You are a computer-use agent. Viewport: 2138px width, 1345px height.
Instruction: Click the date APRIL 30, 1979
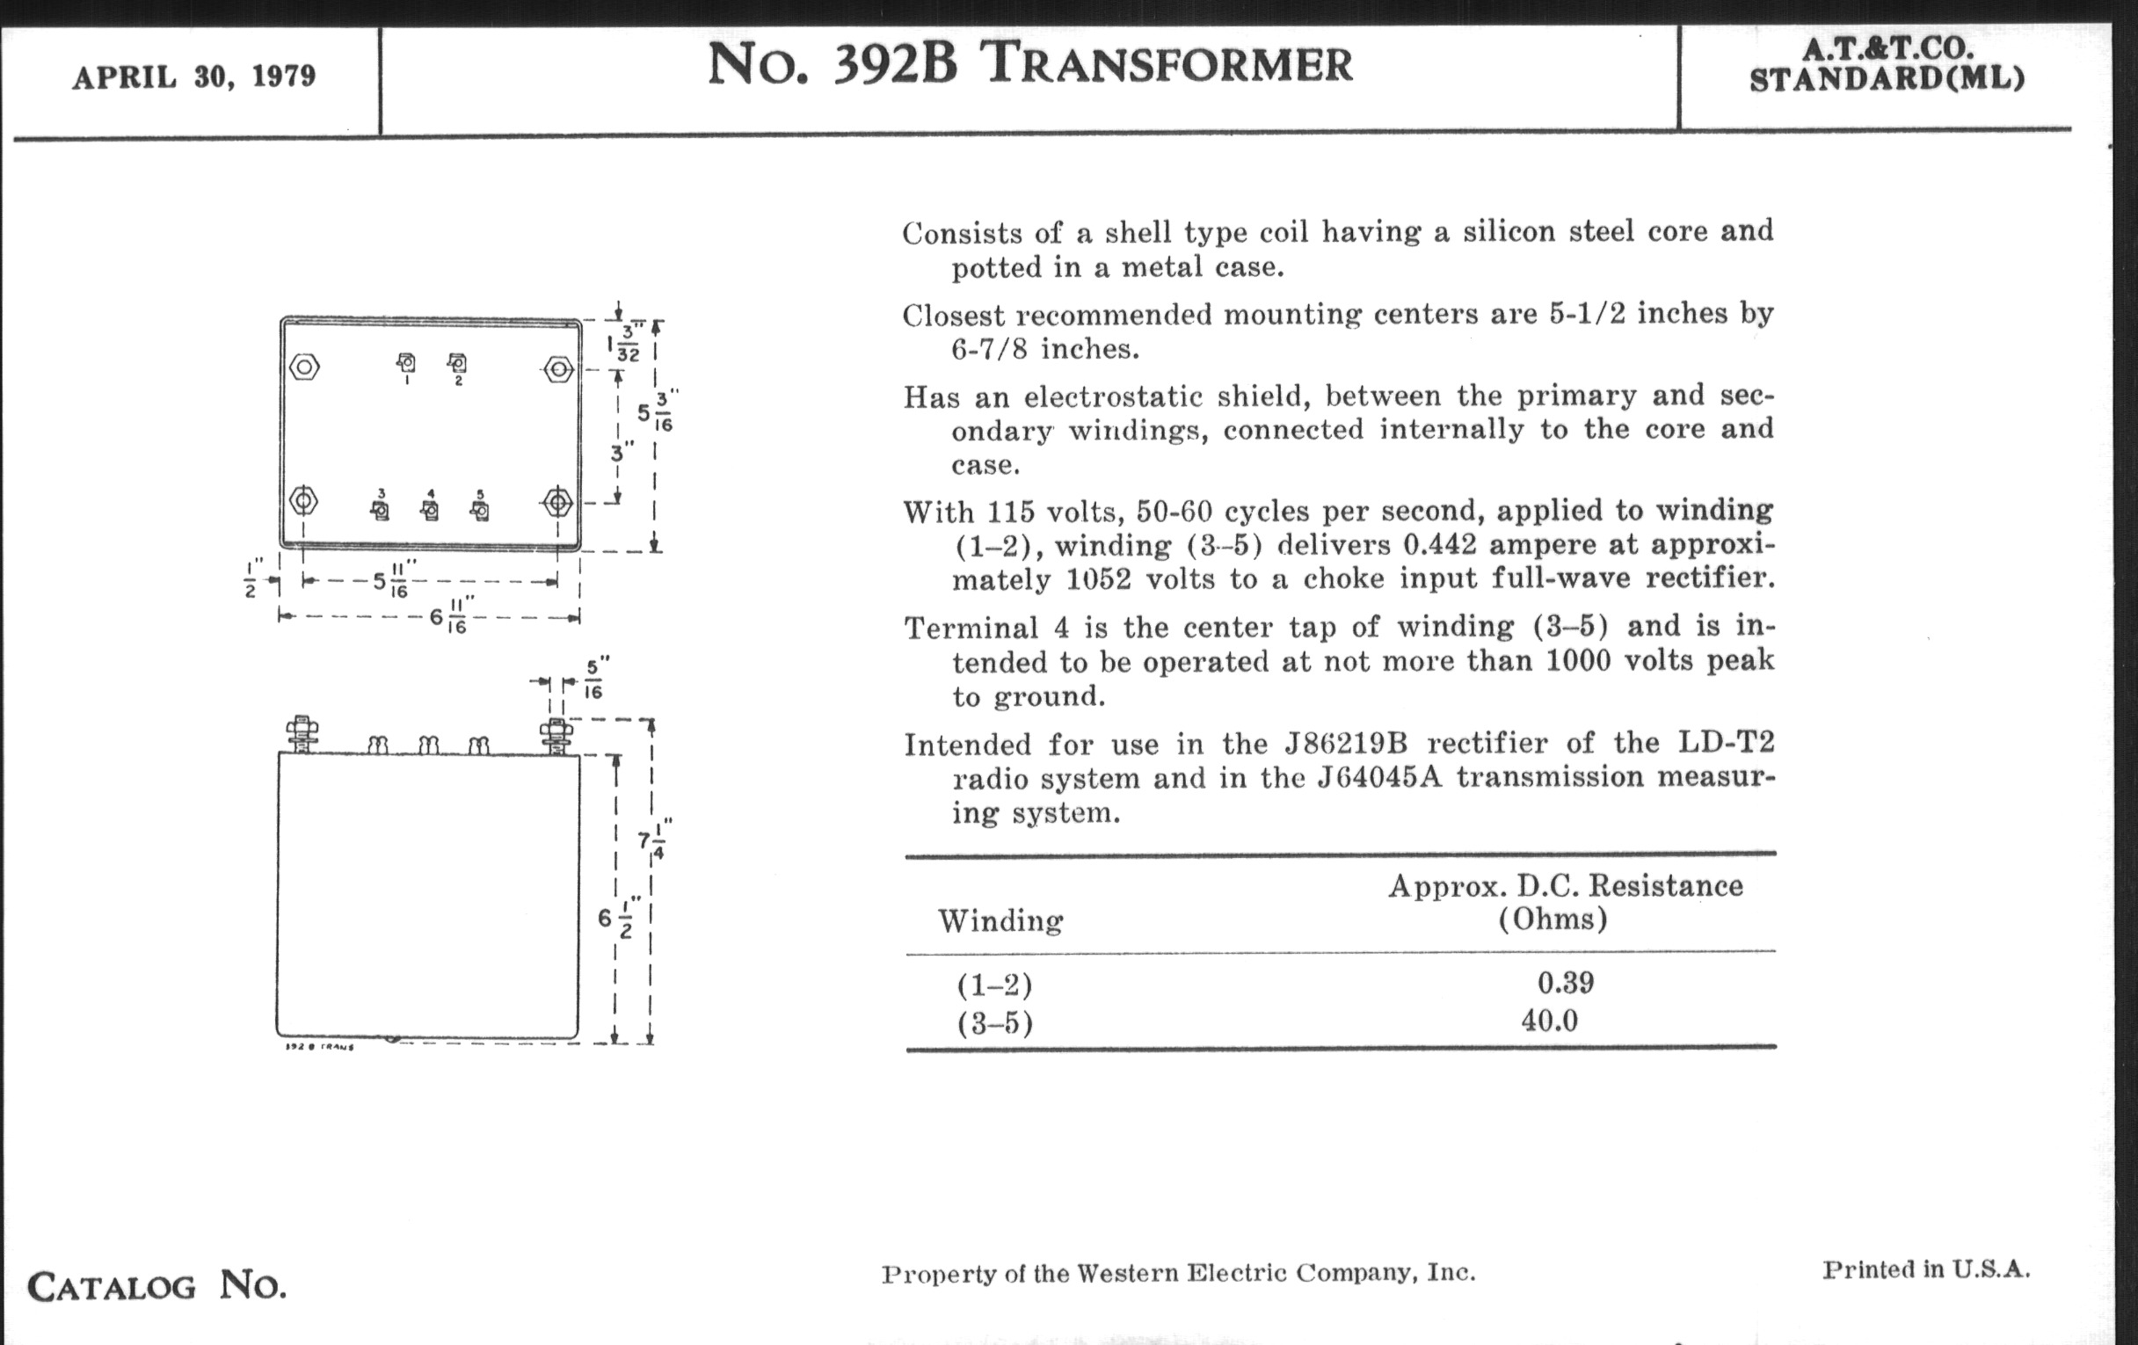[193, 77]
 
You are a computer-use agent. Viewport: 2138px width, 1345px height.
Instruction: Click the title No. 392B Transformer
[1030, 65]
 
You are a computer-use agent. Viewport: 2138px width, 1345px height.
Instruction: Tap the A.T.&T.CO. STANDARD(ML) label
[1887, 65]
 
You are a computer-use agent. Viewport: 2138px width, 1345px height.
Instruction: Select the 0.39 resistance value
[1566, 983]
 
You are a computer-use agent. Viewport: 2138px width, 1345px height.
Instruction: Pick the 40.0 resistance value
[1549, 1021]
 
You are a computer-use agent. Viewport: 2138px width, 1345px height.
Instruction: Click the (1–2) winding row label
[994, 985]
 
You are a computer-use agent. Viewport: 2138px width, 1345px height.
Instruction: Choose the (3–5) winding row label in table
[994, 1023]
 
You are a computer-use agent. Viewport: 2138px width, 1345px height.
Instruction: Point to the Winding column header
[1000, 920]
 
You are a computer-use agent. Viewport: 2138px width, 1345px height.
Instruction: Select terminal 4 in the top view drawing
[431, 510]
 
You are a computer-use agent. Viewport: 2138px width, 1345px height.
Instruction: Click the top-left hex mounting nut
[304, 367]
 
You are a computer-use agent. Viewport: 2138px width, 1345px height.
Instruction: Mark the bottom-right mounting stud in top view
[557, 504]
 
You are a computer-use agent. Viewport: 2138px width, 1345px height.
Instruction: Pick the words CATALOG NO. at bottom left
[156, 1285]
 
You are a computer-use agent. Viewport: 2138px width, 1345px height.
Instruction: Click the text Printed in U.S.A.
[1926, 1269]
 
